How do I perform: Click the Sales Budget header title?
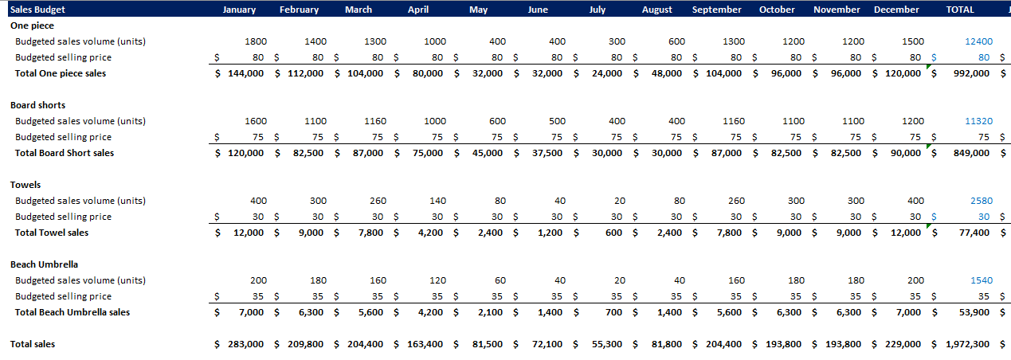37,10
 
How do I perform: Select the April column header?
418,10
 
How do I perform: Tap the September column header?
716,10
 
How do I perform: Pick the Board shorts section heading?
37,105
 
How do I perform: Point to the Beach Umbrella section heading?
44,264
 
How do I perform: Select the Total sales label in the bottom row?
33,344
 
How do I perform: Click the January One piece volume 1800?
256,41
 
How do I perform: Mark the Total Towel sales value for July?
613,233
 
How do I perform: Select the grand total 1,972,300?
967,344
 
